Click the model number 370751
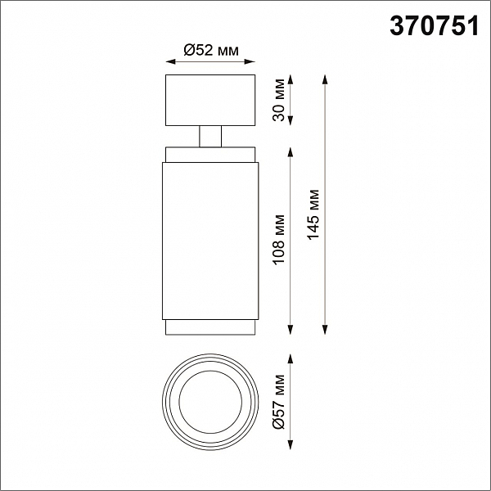click(435, 26)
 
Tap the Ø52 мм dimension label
click(211, 50)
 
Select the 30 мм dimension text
click(279, 100)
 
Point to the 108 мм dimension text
click(279, 240)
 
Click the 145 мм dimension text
click(313, 214)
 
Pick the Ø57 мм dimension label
click(279, 402)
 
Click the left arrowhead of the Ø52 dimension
click(171, 61)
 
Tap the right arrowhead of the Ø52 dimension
click(250, 61)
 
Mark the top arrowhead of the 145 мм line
click(325, 80)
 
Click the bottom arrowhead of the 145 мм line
click(325, 330)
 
